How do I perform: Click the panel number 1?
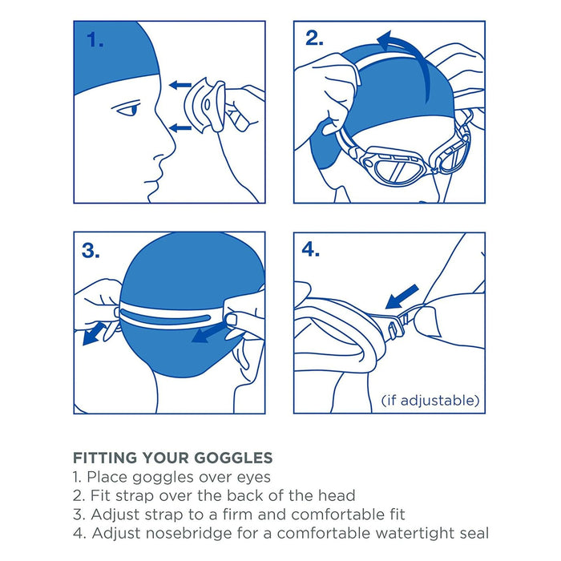pyautogui.click(x=95, y=41)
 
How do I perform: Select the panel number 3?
pyautogui.click(x=91, y=252)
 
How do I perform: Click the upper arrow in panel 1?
pyautogui.click(x=180, y=84)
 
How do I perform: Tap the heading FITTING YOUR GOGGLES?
pyautogui.click(x=172, y=458)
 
